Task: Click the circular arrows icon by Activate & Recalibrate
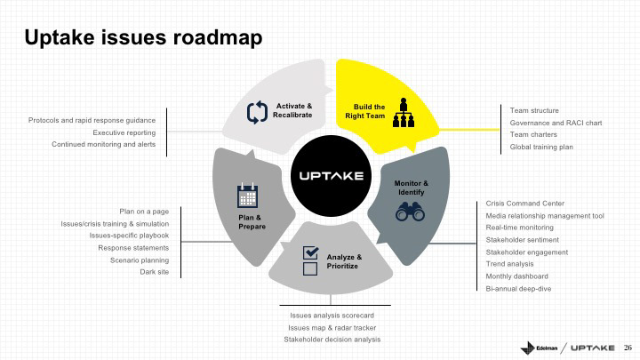257,112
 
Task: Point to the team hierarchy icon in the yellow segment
404,112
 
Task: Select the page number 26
626,347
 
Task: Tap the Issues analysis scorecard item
332,316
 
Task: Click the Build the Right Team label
369,111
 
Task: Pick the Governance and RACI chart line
556,123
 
